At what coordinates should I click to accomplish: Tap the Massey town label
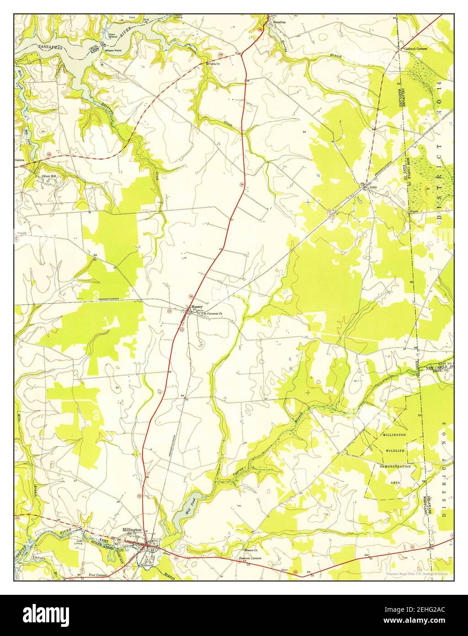[x=197, y=307]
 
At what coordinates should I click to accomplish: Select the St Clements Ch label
[x=213, y=314]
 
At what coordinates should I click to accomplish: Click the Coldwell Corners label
[x=415, y=48]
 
